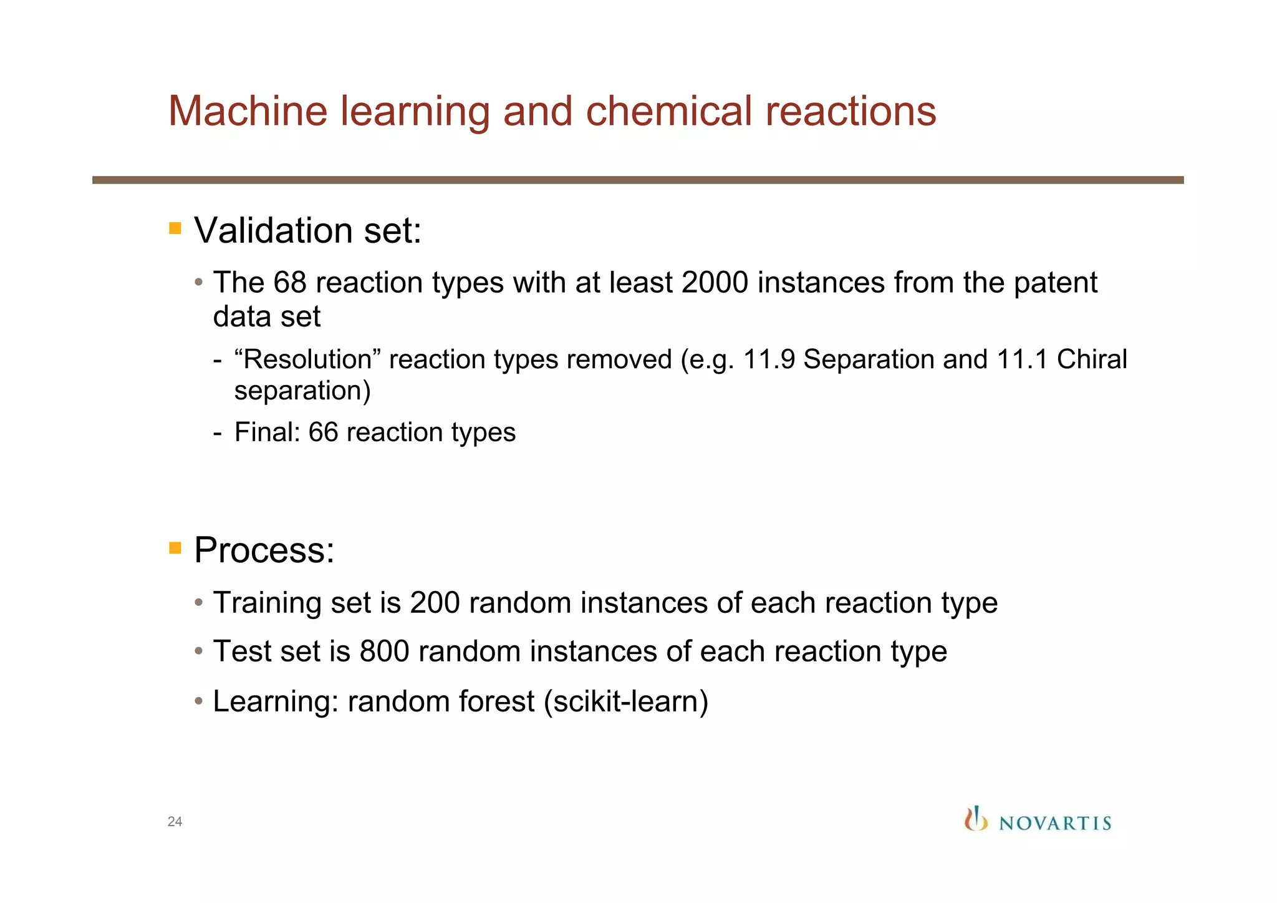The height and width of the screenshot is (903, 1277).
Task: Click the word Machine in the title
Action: pos(248,112)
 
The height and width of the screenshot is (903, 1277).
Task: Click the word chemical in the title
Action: pos(668,112)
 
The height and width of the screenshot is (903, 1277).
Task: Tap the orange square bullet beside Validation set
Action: pos(175,228)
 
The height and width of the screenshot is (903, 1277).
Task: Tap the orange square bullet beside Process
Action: pos(175,549)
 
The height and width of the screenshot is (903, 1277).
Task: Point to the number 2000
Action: pos(715,283)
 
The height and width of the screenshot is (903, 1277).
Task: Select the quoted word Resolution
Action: pos(307,360)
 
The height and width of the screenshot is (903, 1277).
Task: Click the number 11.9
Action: pos(769,360)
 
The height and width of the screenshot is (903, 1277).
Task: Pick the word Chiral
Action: pos(1092,360)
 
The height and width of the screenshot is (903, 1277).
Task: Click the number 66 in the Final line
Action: pos(323,432)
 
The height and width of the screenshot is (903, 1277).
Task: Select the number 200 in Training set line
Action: pos(435,603)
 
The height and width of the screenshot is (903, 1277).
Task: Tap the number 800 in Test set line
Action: pos(384,652)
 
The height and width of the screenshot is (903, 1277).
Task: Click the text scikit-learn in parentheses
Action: pos(625,701)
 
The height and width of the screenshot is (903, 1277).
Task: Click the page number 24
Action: pos(175,822)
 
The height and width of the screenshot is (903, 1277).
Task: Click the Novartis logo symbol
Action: pos(976,819)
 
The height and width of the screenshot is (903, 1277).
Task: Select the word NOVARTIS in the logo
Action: pos(1055,824)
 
